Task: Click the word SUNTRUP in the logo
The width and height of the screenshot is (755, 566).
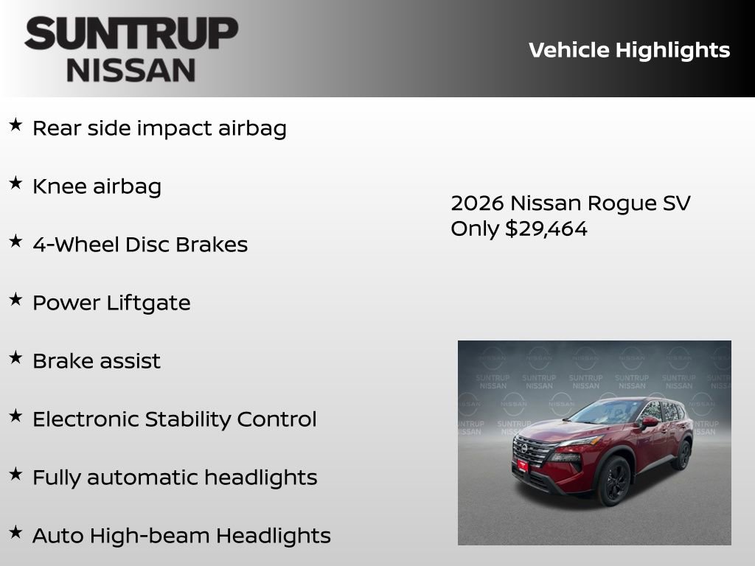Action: pyautogui.click(x=131, y=33)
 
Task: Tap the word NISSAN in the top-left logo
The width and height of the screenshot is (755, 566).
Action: pyautogui.click(x=131, y=69)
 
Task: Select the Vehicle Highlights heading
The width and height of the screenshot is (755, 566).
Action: pyautogui.click(x=629, y=50)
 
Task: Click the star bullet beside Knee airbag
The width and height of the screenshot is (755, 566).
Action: pyautogui.click(x=15, y=184)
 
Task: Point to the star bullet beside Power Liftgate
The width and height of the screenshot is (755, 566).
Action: pyautogui.click(x=15, y=300)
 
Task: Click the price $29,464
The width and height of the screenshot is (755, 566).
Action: pyautogui.click(x=546, y=228)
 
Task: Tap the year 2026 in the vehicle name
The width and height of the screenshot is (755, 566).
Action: pyautogui.click(x=477, y=203)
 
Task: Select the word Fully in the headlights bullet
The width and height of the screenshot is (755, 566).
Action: pyautogui.click(x=57, y=478)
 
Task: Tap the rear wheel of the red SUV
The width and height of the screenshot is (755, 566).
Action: pyautogui.click(x=681, y=454)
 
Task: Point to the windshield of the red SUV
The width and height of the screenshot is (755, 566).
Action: pyautogui.click(x=608, y=411)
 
